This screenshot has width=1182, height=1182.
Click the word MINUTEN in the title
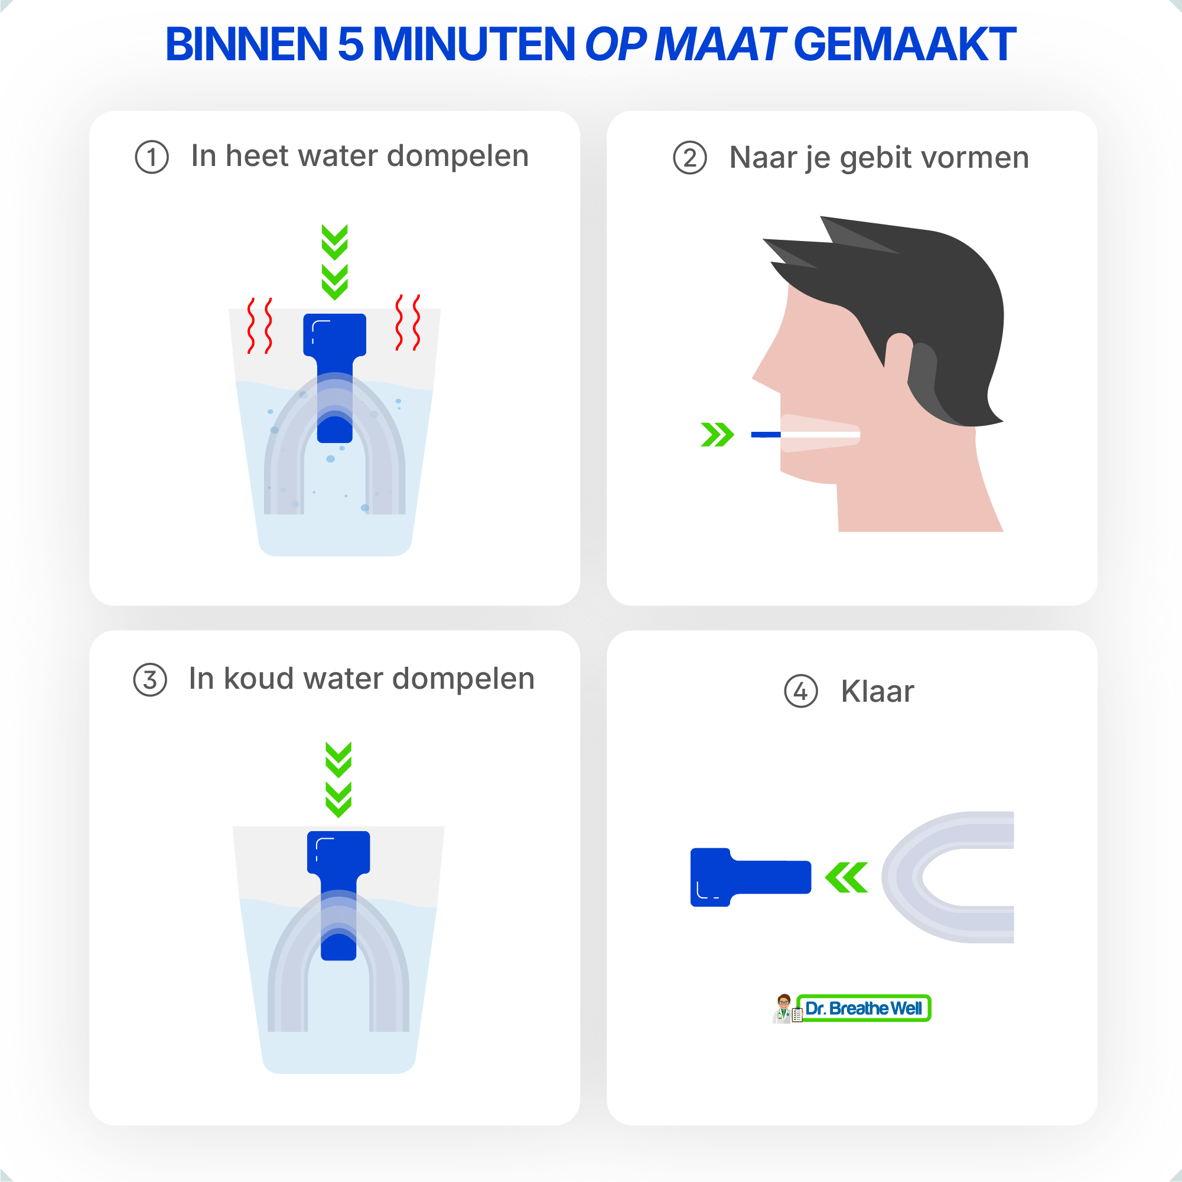[x=474, y=44]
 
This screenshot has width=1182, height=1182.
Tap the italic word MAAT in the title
[x=719, y=44]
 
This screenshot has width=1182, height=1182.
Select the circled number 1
[x=152, y=157]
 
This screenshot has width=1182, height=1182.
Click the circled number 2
[x=690, y=158]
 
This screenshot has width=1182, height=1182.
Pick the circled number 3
[x=150, y=680]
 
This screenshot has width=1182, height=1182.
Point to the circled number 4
[x=801, y=691]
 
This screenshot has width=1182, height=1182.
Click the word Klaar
[x=877, y=691]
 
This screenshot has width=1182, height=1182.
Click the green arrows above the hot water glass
[x=335, y=262]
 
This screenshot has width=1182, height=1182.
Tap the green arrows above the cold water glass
[x=338, y=780]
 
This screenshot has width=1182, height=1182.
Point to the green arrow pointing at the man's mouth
[x=717, y=434]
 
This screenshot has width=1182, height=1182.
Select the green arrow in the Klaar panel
[x=846, y=877]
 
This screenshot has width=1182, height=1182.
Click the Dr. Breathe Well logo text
[x=863, y=1008]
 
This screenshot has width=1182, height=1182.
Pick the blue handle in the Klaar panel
[x=751, y=877]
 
